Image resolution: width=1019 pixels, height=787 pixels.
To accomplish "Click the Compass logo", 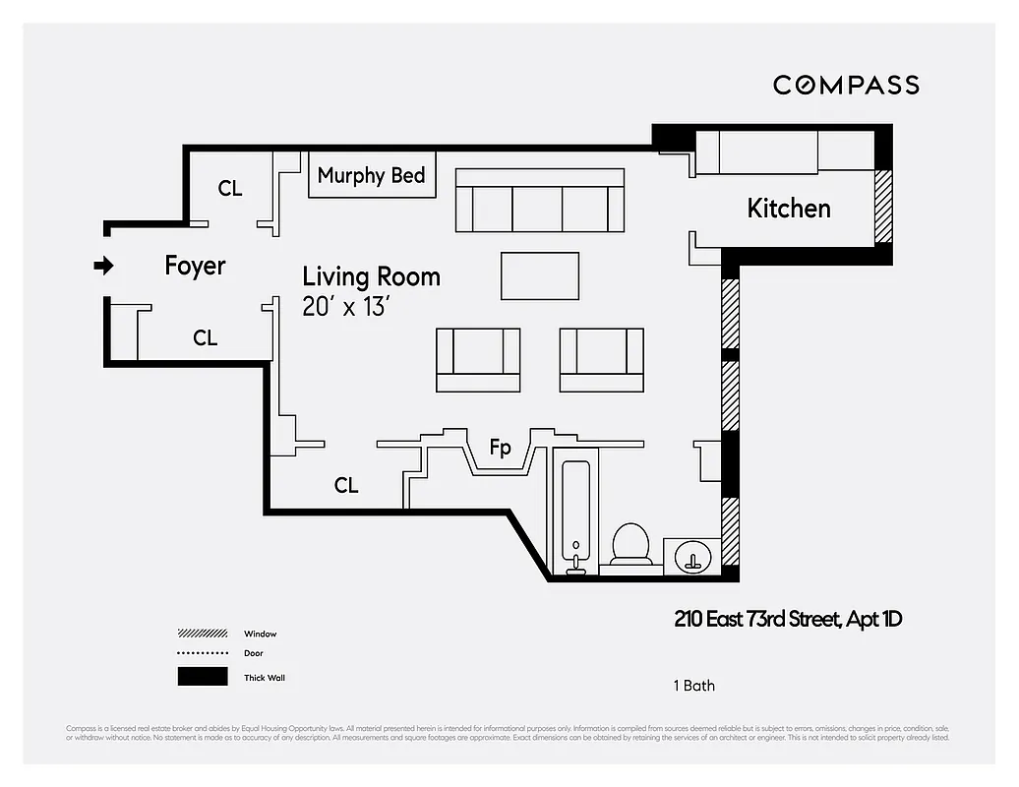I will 846,85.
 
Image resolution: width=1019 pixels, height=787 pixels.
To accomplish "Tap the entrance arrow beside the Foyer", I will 103,266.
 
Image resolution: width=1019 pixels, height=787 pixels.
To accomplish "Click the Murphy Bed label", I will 371,175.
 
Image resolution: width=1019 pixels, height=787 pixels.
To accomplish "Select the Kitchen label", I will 788,209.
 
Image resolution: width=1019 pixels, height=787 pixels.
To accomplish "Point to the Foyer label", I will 195,266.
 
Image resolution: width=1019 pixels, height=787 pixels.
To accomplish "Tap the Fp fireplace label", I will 501,449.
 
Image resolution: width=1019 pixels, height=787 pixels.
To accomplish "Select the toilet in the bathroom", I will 630,544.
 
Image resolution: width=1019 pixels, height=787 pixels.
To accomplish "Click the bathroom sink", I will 693,556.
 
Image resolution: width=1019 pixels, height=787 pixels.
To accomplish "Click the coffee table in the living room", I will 540,275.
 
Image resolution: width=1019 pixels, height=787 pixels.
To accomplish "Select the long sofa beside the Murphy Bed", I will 539,200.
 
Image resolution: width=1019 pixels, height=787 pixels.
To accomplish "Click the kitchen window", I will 883,207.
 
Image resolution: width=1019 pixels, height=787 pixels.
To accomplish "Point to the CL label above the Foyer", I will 230,188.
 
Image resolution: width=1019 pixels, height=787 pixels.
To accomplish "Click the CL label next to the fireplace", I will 346,485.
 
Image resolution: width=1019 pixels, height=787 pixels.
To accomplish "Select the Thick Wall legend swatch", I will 203,677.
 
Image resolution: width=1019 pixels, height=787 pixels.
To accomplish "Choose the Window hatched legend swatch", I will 203,634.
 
